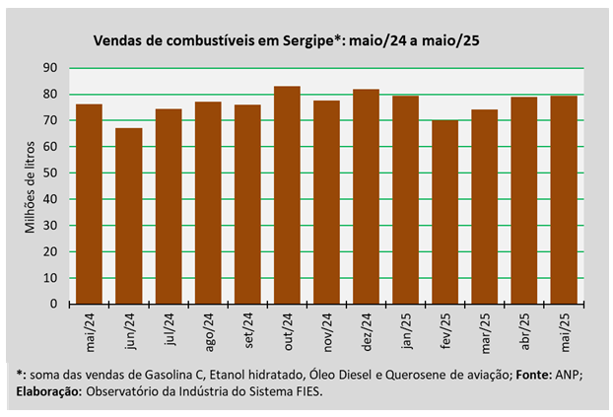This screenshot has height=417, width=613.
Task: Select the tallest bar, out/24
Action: pos(287,194)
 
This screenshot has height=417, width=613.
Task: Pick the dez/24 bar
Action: pos(366,195)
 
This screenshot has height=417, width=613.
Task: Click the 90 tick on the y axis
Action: pos(49,68)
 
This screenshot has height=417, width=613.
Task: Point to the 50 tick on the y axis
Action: pos(49,173)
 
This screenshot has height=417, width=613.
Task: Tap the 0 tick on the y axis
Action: pos(53,304)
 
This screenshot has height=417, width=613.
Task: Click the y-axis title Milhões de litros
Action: pos(30,185)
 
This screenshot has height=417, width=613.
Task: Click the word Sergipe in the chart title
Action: pos(312,40)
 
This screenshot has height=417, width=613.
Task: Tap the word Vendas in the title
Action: pos(116,40)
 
